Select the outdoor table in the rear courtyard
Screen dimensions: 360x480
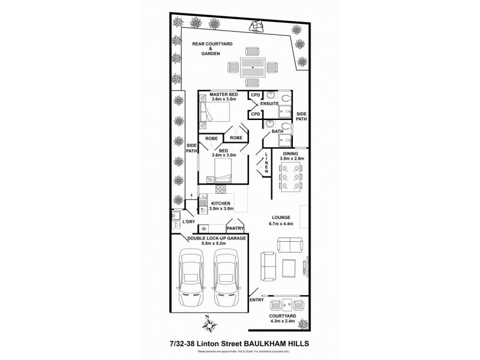pos(254,67)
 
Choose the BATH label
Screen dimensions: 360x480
pos(277,131)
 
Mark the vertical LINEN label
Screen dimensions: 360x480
pos(266,162)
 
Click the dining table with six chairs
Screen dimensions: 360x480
pos(292,179)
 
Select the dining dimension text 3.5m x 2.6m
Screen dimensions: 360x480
pos(293,159)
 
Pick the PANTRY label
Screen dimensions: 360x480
pos(235,228)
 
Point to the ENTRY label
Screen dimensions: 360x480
pos(257,300)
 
